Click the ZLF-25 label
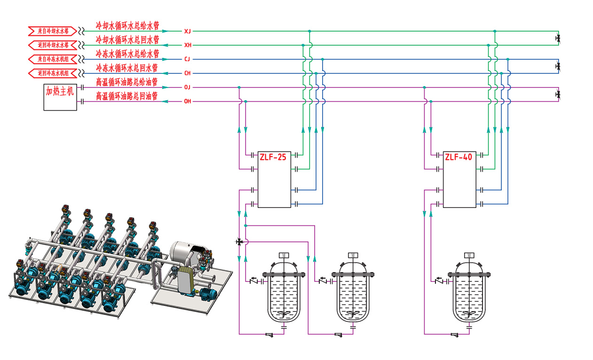[x=273, y=157]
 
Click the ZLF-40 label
[x=459, y=157]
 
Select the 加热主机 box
[x=60, y=97]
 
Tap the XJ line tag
[x=188, y=31]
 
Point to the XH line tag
[x=188, y=45]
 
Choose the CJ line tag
[x=188, y=59]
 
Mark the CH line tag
[x=188, y=73]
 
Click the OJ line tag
[x=188, y=88]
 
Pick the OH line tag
[x=188, y=102]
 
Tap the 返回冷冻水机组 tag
[x=53, y=73]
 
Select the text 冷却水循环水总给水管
[x=127, y=25]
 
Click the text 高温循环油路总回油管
[x=127, y=96]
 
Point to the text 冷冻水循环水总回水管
[x=127, y=68]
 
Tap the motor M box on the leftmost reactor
[x=284, y=255]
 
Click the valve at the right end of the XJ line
[x=558, y=38]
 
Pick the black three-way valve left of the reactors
[x=240, y=242]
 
